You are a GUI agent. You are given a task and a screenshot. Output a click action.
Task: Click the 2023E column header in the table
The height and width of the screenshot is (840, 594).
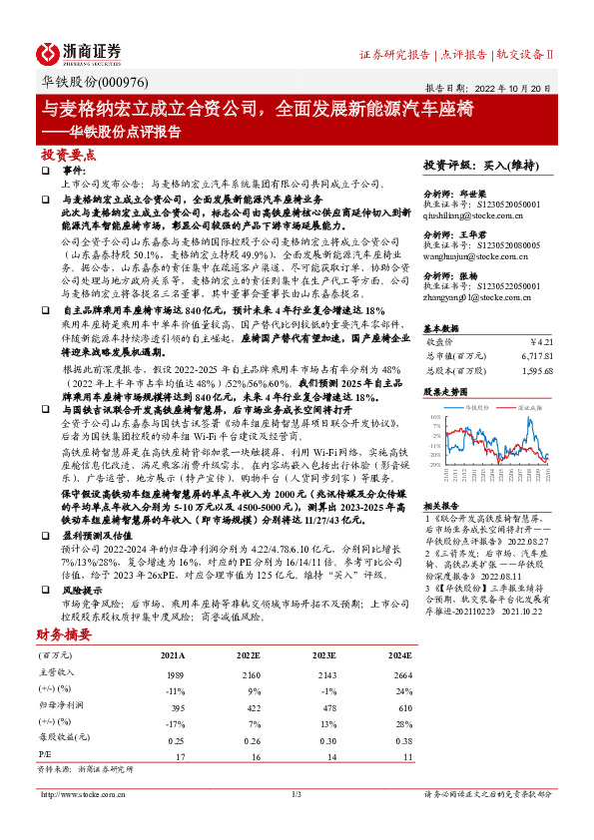323,655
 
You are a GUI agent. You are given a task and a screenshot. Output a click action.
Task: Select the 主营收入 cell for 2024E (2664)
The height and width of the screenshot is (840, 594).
399,675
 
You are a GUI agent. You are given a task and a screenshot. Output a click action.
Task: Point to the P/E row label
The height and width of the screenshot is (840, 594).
45,757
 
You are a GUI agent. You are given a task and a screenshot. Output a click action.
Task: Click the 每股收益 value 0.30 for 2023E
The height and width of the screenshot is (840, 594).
323,739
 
